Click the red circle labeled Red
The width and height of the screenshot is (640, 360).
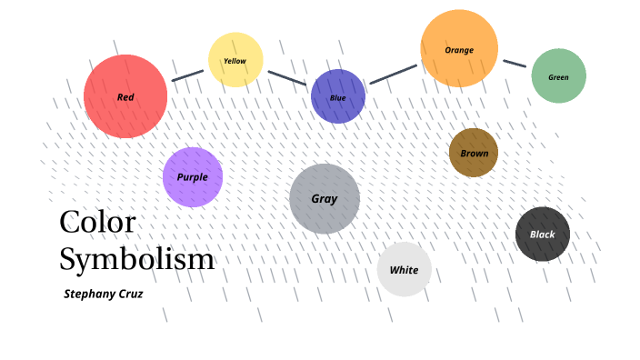(125, 96)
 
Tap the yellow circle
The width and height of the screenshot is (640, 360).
(235, 60)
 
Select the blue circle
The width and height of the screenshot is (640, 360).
(338, 96)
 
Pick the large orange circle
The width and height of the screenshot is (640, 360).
(459, 48)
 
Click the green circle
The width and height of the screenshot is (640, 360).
(559, 75)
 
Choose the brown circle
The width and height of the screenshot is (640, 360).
(474, 153)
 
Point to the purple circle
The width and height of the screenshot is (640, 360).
(193, 177)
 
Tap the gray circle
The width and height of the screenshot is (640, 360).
(325, 199)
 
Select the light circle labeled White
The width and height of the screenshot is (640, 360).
(404, 269)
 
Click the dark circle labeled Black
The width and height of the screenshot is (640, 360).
(543, 234)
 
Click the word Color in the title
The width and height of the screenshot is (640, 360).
(97, 223)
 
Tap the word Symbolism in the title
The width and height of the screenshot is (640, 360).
(136, 260)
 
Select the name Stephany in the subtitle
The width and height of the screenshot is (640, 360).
(89, 295)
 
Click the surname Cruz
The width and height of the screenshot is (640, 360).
(131, 294)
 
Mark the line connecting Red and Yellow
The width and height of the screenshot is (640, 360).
(188, 75)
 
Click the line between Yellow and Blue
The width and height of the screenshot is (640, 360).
(287, 78)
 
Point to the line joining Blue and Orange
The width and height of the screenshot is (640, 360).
(394, 75)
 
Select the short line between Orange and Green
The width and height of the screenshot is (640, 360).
(515, 64)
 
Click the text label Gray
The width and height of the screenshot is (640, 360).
(325, 199)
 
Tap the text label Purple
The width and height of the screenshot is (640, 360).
(192, 177)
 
